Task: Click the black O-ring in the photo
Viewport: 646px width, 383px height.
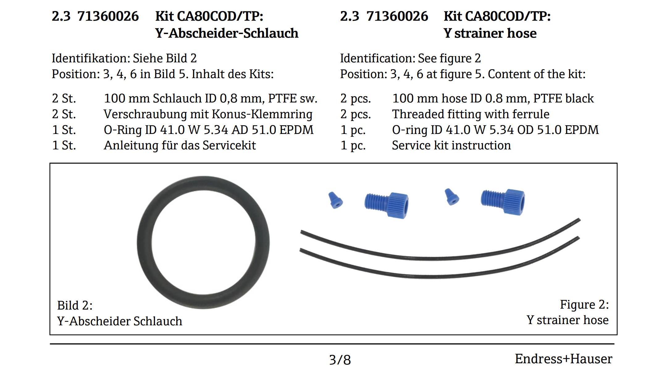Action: click(x=145, y=243)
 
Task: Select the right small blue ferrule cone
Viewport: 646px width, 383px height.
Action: click(x=451, y=197)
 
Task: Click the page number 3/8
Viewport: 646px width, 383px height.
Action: click(x=340, y=360)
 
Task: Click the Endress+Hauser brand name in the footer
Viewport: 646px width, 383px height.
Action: click(x=564, y=359)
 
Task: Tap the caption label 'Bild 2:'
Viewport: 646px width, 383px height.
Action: click(x=75, y=306)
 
